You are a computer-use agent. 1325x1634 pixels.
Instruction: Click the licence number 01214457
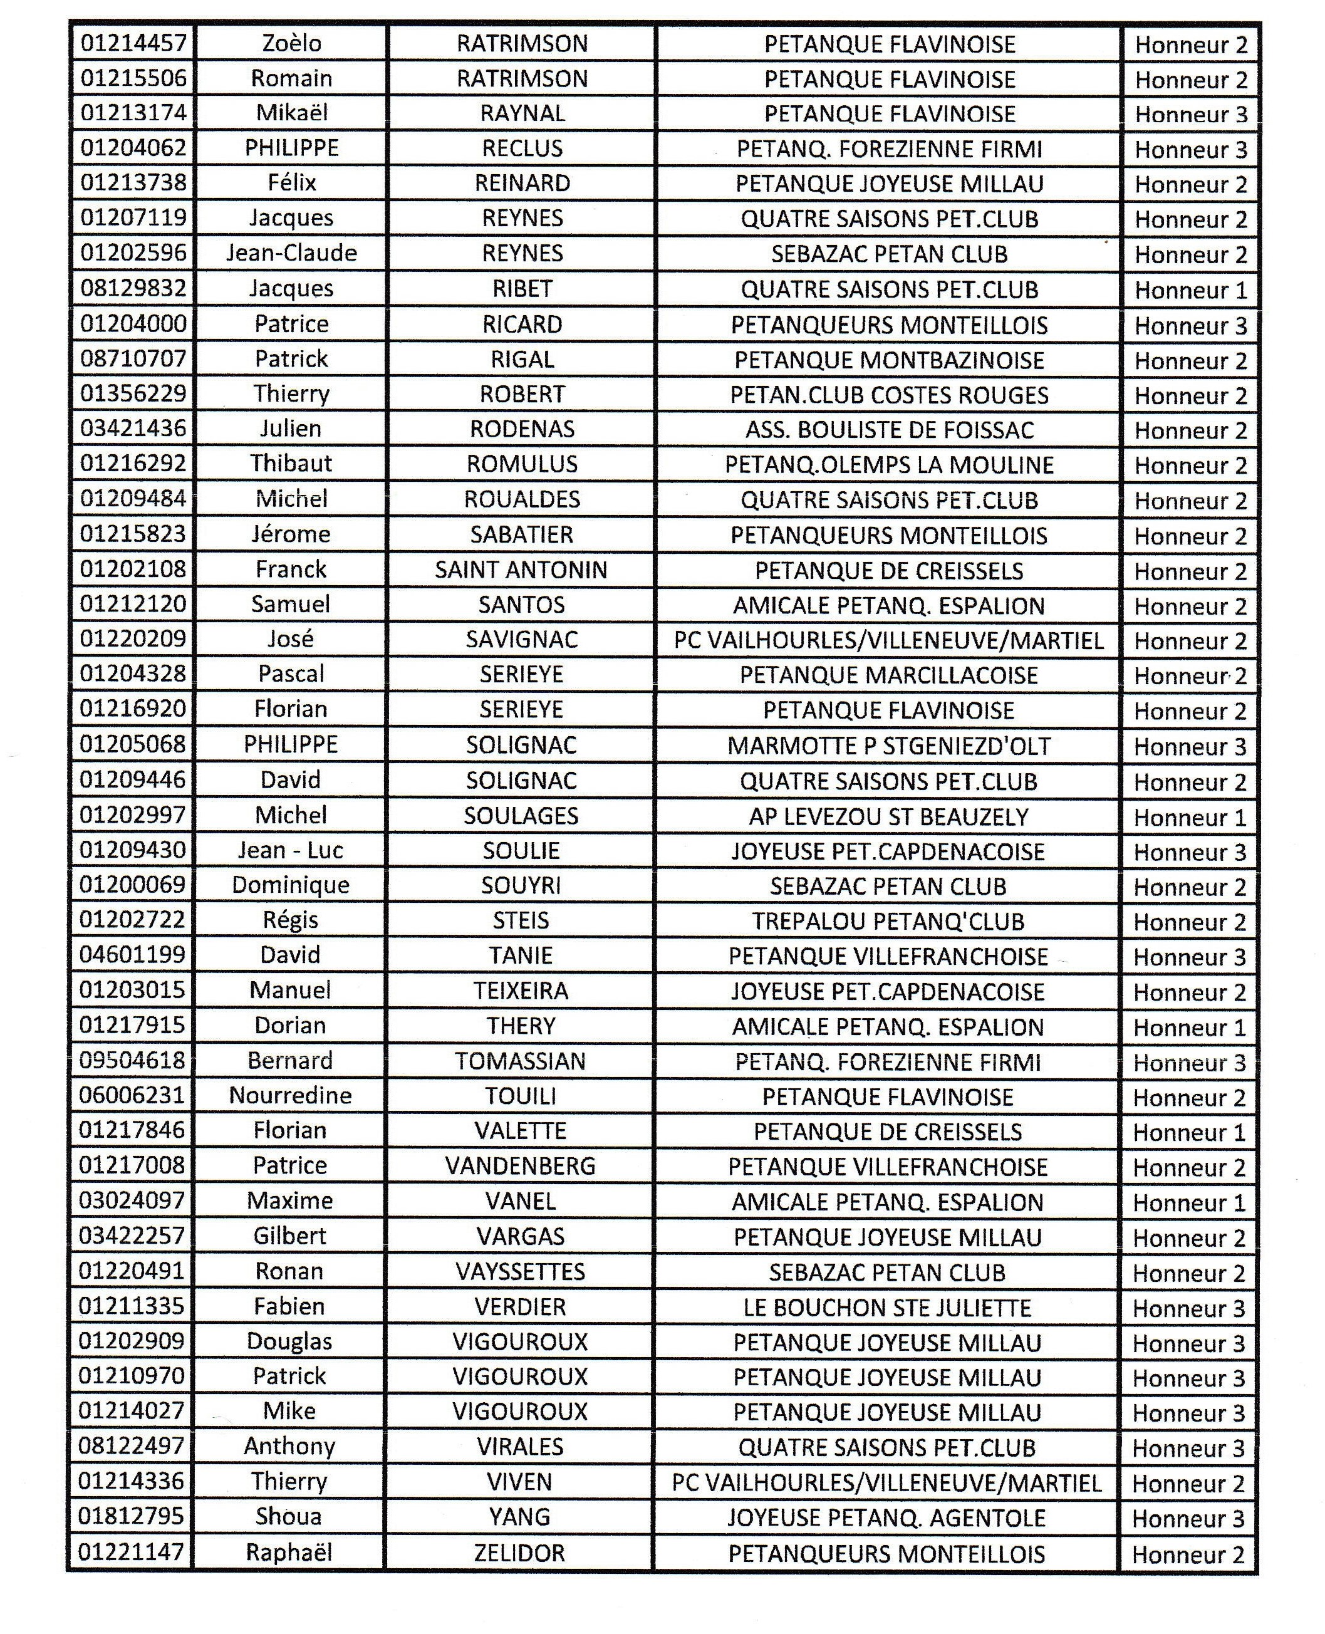tap(133, 43)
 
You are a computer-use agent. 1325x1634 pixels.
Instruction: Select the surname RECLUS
tap(522, 148)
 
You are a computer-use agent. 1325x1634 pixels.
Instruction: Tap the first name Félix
tap(291, 183)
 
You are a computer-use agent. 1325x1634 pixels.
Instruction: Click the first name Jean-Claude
tap(291, 253)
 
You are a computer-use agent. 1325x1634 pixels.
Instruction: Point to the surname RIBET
tap(522, 288)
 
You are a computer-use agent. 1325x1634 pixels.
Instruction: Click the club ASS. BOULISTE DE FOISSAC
tap(889, 430)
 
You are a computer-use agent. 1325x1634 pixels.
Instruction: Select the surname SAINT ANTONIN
tap(521, 570)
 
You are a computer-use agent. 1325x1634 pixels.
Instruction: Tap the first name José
tap(291, 640)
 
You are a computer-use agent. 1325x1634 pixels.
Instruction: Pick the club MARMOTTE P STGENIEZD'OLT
tap(888, 746)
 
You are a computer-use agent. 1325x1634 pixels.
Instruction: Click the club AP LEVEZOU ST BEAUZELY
tap(888, 816)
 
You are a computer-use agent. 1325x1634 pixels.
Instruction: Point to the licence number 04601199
tap(133, 955)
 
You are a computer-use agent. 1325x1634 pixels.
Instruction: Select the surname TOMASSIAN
tap(521, 1061)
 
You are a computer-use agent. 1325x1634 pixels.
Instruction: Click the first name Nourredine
tap(290, 1096)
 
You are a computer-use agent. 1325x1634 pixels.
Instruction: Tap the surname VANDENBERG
tap(521, 1166)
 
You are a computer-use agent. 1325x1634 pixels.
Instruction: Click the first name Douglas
tap(290, 1341)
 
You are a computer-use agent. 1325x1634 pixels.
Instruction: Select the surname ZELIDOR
tap(520, 1553)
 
